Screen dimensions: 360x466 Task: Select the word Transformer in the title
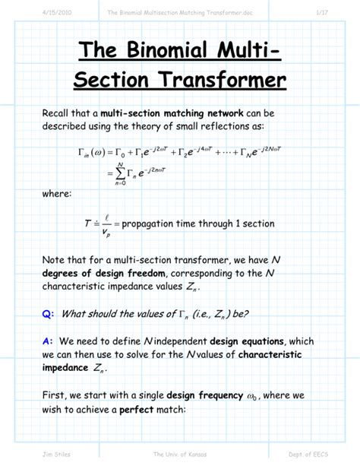point(219,79)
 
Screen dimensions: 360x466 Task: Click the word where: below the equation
point(58,195)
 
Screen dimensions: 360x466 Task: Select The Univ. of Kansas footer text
point(179,454)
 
